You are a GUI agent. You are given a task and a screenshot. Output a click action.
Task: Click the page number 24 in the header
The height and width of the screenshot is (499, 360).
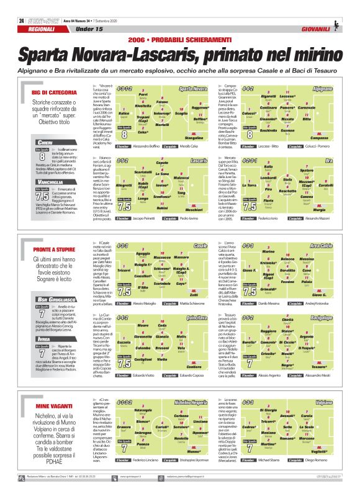22,20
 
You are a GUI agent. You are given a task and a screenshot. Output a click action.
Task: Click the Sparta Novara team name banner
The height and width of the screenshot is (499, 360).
192,89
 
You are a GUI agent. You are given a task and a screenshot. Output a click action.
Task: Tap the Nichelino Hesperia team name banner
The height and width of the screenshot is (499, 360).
191,402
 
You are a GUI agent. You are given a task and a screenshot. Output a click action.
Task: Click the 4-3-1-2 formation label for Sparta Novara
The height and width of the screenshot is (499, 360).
124,89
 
